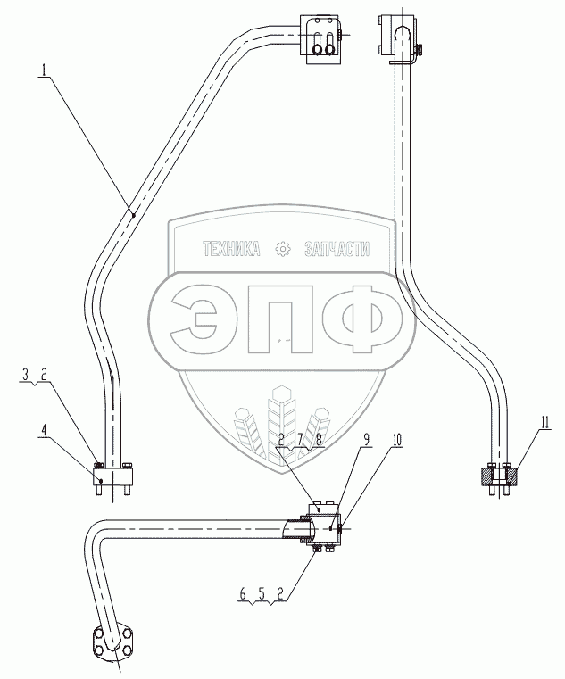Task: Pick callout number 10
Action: (397, 440)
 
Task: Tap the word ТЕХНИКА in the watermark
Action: (232, 251)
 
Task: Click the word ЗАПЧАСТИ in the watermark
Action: (337, 251)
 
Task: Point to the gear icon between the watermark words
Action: (285, 251)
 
